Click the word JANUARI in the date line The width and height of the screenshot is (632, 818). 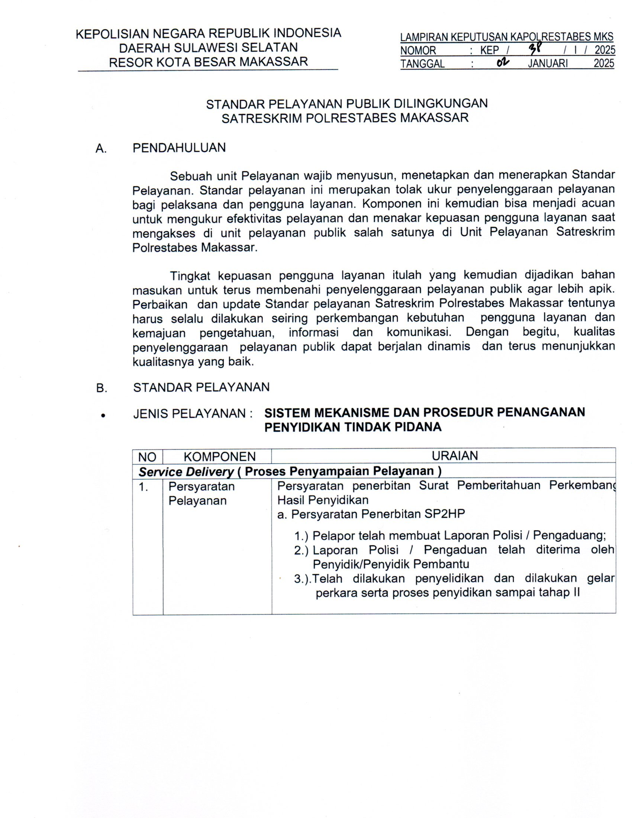click(547, 63)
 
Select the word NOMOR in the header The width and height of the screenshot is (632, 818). click(418, 50)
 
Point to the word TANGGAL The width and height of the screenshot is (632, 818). click(422, 64)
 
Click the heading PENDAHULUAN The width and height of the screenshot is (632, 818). click(179, 148)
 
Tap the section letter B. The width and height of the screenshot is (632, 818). click(101, 388)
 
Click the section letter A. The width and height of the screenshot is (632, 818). click(101, 149)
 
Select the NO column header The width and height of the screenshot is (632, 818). click(147, 457)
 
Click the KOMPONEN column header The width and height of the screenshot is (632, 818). click(219, 457)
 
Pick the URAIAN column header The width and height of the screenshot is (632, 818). click(455, 456)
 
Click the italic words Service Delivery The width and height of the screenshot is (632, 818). click(186, 471)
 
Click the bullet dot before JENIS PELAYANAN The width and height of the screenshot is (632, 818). click(102, 415)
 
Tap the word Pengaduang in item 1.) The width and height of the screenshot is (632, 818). click(569, 535)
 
